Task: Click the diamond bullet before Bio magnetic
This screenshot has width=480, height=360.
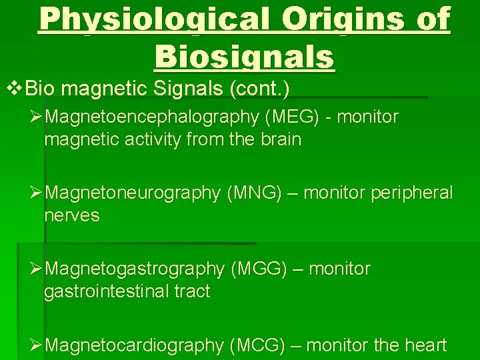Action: tap(10, 88)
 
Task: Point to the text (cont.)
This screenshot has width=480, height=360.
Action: tap(267, 89)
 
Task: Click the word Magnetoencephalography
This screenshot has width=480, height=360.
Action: tap(154, 117)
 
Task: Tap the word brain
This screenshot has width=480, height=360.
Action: tap(279, 140)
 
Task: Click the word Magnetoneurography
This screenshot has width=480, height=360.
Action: tap(136, 193)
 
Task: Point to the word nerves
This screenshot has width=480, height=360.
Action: tap(71, 216)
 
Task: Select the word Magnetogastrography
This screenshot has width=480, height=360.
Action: tap(137, 269)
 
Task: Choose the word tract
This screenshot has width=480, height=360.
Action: tap(192, 292)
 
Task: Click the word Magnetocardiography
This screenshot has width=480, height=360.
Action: tap(137, 345)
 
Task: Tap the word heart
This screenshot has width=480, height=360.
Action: tap(425, 345)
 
